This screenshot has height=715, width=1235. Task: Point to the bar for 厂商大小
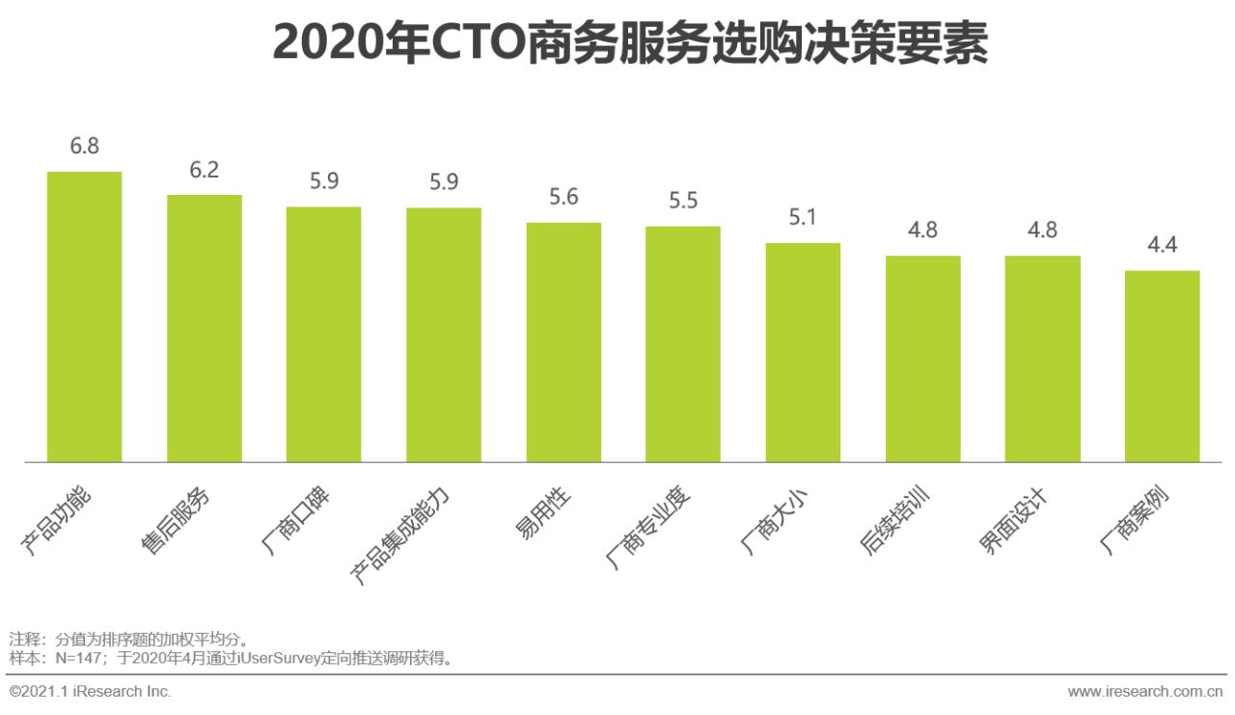803,352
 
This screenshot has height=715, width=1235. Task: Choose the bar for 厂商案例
1162,366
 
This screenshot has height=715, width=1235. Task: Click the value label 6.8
85,147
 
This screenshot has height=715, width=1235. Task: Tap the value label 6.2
205,170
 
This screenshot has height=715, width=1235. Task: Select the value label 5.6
563,197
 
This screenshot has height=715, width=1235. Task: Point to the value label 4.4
1162,245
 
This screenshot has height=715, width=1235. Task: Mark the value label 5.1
803,217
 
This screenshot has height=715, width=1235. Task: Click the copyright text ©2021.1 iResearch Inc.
90,691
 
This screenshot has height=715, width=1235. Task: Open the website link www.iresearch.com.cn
1145,691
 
